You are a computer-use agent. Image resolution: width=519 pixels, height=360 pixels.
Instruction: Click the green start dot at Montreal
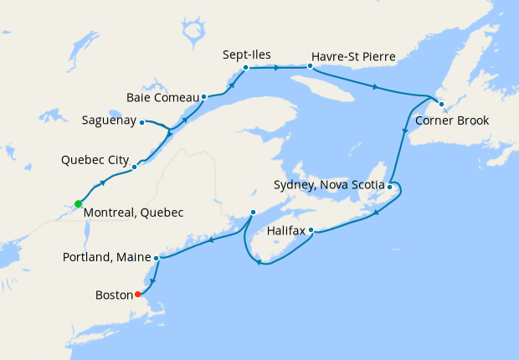(78, 203)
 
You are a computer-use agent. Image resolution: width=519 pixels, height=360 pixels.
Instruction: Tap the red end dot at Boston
(137, 294)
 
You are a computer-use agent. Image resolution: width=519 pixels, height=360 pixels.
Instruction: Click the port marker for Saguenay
(142, 121)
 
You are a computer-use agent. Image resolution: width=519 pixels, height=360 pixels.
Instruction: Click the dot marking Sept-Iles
(245, 68)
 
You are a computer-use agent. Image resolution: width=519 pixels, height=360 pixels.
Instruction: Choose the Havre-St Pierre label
(352, 56)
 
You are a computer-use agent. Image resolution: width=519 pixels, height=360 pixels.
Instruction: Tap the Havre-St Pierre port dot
(309, 65)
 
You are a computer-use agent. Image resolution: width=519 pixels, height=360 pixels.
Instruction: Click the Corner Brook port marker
(441, 104)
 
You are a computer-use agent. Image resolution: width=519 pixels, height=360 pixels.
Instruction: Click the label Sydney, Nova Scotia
(329, 184)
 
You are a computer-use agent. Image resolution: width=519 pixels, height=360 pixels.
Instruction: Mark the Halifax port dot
(311, 229)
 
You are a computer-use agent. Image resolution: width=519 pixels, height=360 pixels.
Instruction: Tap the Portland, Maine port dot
(157, 258)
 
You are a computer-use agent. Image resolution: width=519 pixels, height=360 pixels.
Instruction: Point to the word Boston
(115, 295)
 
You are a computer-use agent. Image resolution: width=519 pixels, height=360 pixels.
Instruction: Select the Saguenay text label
(109, 121)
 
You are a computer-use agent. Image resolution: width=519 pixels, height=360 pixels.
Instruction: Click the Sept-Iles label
(247, 55)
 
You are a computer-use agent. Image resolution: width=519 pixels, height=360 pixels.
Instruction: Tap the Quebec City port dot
(134, 167)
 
